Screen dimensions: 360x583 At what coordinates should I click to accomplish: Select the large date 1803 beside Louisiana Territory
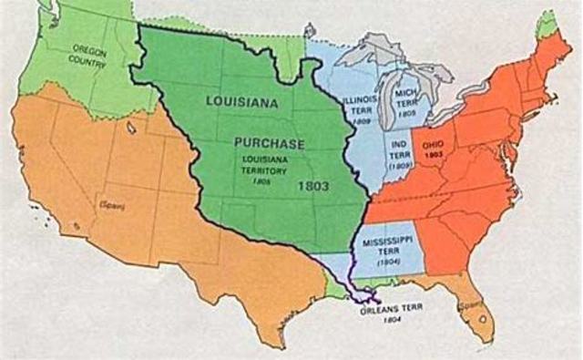[x=312, y=185]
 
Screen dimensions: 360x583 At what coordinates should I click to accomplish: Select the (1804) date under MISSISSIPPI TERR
[x=388, y=262]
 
